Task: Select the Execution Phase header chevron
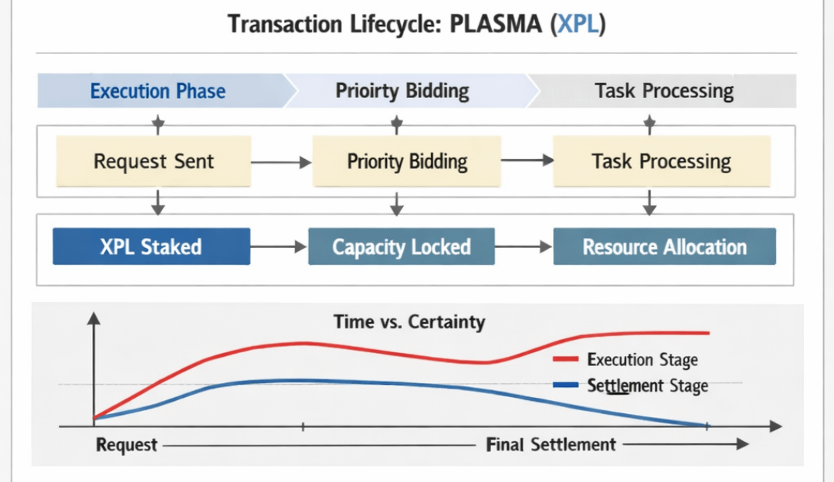click(158, 91)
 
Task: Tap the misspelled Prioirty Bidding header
click(402, 91)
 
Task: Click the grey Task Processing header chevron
click(663, 91)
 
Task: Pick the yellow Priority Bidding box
click(407, 161)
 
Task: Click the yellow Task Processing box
click(661, 161)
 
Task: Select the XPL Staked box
click(151, 247)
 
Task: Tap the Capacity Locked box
click(402, 247)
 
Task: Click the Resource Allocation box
click(664, 247)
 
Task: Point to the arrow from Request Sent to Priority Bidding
click(281, 162)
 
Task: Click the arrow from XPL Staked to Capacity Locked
click(279, 247)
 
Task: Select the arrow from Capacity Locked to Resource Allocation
click(524, 247)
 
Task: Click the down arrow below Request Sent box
click(158, 202)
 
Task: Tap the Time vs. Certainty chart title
click(409, 321)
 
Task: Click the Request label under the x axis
click(127, 445)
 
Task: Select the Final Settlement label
click(551, 445)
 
